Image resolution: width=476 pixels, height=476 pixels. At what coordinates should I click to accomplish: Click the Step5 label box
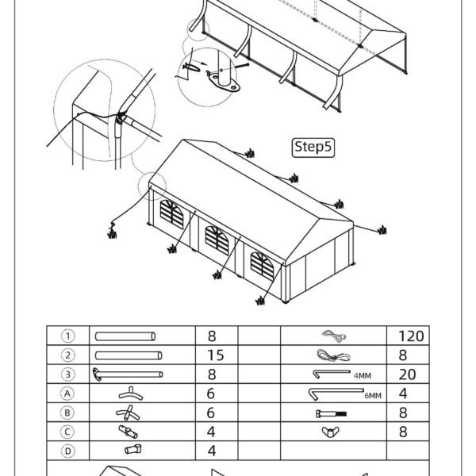pyautogui.click(x=313, y=148)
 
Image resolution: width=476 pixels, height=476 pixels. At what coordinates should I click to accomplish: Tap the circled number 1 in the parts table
pyautogui.click(x=67, y=336)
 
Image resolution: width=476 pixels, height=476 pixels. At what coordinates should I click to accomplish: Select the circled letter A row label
pyautogui.click(x=67, y=393)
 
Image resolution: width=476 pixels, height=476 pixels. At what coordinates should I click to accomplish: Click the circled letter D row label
pyautogui.click(x=67, y=451)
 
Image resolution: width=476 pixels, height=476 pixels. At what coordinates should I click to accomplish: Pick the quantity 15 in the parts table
pyautogui.click(x=216, y=355)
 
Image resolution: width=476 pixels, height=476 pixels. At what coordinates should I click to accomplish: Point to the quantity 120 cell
pyautogui.click(x=411, y=336)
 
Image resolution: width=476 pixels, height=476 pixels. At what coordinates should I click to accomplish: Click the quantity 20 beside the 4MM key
pyautogui.click(x=407, y=374)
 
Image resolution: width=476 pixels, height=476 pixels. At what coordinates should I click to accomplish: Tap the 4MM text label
pyautogui.click(x=363, y=376)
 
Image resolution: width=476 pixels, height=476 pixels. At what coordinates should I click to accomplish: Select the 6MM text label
pyautogui.click(x=373, y=396)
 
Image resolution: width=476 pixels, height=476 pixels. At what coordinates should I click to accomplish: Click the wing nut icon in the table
pyautogui.click(x=330, y=432)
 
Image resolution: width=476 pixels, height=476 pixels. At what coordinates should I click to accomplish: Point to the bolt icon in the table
pyautogui.click(x=331, y=413)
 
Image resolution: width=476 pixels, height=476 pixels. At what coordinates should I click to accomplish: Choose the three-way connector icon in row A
pyautogui.click(x=131, y=393)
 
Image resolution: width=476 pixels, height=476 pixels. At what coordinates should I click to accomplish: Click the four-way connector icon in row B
pyautogui.click(x=128, y=413)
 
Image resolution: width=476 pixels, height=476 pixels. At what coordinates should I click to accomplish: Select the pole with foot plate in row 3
pyautogui.click(x=128, y=374)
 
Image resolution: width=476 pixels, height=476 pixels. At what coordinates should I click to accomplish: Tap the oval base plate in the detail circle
pyautogui.click(x=224, y=82)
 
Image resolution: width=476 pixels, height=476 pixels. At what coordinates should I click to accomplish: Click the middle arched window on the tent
pyautogui.click(x=217, y=240)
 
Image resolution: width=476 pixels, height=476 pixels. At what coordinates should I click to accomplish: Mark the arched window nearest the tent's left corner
pyautogui.click(x=172, y=214)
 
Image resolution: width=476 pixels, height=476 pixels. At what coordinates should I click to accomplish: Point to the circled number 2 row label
pyautogui.click(x=67, y=355)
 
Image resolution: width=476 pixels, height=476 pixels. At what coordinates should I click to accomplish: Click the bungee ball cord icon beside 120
pyautogui.click(x=334, y=336)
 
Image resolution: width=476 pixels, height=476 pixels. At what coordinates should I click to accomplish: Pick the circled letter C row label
pyautogui.click(x=67, y=432)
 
